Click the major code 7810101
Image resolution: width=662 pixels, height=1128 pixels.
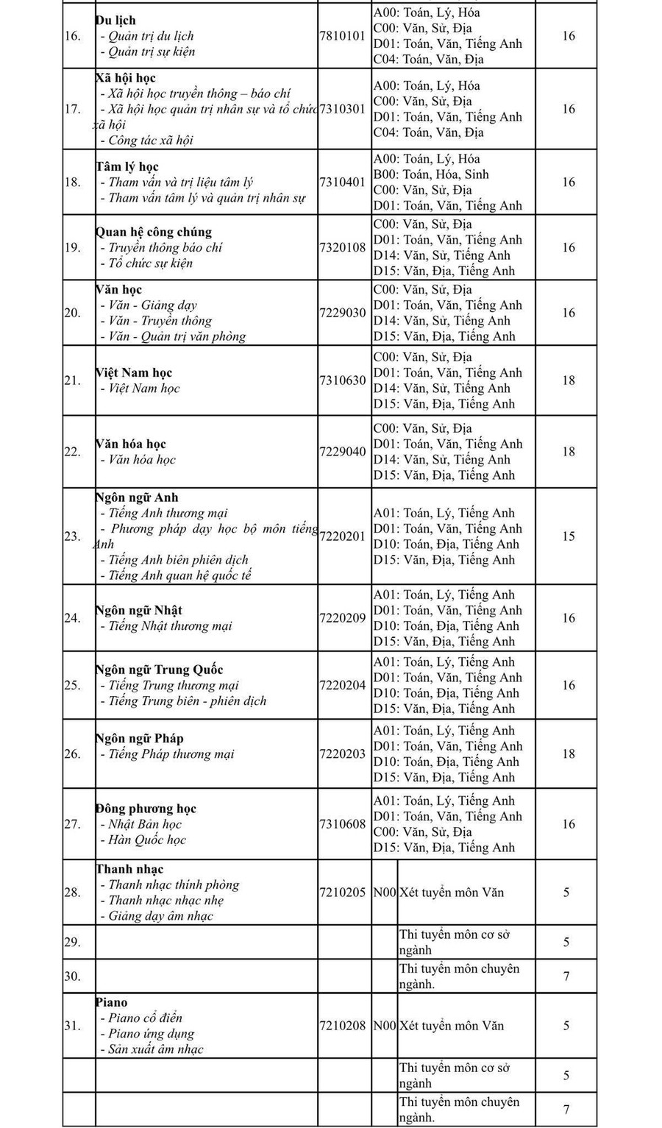coord(342,36)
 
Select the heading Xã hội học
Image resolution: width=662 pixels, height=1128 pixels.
coord(126,78)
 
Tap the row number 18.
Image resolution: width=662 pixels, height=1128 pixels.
coord(72,182)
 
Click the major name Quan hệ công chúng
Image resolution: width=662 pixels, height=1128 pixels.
coord(154,233)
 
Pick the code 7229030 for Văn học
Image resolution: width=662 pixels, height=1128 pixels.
coord(342,313)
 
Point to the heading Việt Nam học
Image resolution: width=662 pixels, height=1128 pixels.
coord(134,373)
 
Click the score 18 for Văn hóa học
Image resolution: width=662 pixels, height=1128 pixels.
coord(568,452)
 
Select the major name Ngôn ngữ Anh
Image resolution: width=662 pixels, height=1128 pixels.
coord(137,498)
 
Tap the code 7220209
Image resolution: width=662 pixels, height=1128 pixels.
coord(342,618)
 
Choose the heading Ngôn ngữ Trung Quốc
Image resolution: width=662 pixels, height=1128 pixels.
coord(160,670)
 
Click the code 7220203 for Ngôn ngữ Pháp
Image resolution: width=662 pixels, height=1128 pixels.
coord(342,754)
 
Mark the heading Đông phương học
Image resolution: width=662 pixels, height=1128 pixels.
coord(146,809)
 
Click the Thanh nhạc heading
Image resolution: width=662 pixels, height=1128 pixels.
coord(129,870)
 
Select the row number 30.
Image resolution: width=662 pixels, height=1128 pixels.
coord(72,976)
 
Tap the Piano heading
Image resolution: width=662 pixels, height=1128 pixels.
coord(112,1003)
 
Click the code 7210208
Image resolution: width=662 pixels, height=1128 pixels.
coord(342,1026)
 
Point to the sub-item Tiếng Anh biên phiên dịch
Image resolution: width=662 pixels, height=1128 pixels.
coord(179,560)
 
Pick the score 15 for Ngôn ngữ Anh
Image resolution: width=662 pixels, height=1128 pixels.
coord(568,536)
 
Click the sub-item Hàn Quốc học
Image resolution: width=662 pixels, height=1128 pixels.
coord(147,840)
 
